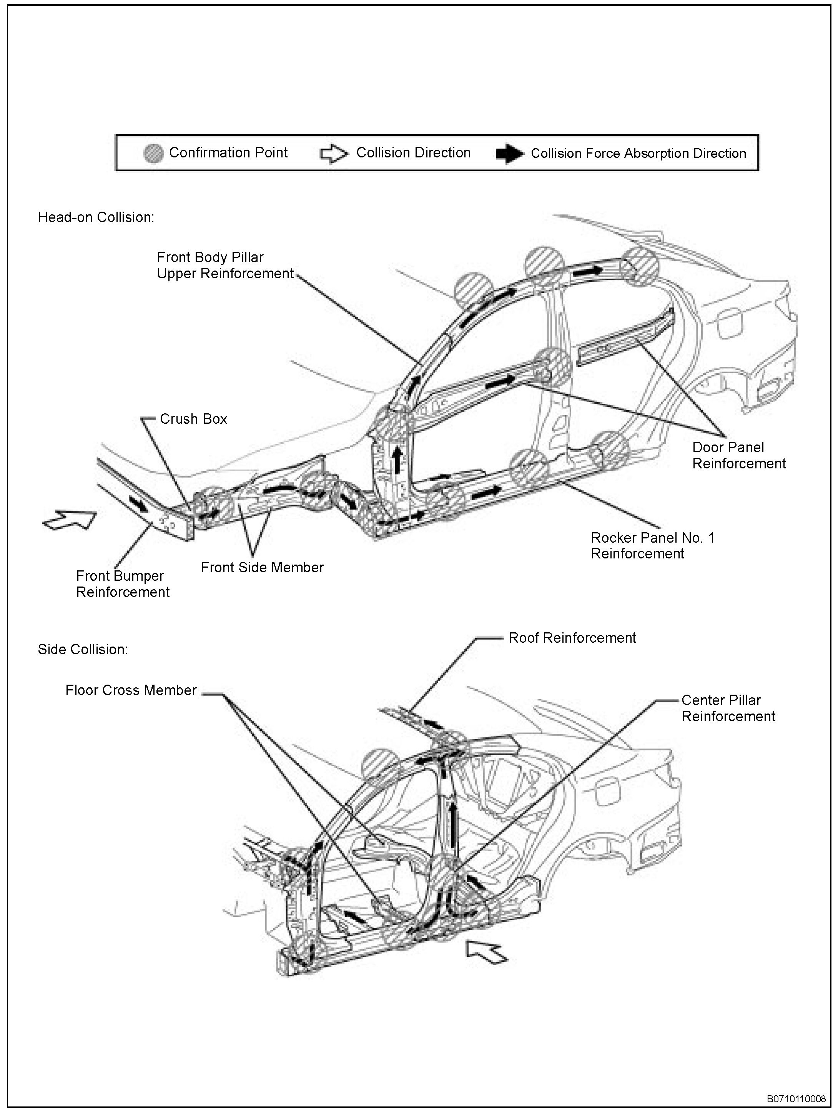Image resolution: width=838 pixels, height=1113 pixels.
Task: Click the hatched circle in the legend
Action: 153,154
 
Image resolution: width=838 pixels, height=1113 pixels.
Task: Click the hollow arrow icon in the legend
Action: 334,154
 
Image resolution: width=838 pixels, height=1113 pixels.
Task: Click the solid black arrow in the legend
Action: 510,154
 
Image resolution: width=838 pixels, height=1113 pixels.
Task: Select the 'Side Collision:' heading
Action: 83,650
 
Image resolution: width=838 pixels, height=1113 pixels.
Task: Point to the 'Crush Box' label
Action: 193,419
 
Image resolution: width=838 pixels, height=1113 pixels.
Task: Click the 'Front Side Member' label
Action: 262,568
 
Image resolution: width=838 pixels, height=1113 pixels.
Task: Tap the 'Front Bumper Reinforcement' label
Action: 123,584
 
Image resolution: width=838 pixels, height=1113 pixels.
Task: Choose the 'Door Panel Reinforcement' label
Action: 738,455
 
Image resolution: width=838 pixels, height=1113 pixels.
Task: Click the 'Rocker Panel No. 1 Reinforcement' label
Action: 652,546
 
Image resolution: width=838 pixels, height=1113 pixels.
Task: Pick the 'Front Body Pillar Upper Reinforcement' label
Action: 225,266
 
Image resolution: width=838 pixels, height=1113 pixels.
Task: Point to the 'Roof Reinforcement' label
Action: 572,638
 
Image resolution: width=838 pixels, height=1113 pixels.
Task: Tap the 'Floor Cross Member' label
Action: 131,690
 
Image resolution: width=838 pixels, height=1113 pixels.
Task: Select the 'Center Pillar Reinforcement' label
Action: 728,709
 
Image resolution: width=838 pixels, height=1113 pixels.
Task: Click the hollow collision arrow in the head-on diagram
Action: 69,519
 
